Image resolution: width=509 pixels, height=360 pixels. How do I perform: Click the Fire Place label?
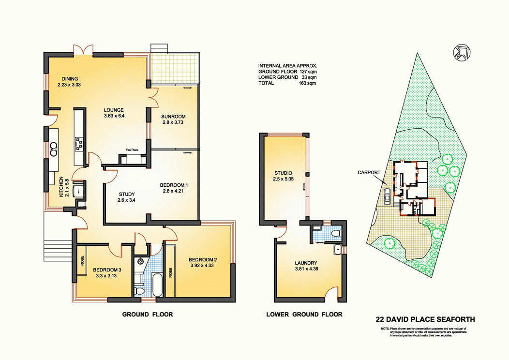[x=132, y=150]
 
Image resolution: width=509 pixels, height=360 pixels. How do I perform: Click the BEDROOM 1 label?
[x=174, y=185]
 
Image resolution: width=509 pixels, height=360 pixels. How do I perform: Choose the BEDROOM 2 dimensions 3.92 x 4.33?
[x=203, y=266]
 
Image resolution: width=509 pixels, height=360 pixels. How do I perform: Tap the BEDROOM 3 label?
[x=107, y=270]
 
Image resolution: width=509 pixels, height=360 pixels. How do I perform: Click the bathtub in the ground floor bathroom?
[x=157, y=285]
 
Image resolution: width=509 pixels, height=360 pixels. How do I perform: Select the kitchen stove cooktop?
[x=78, y=142]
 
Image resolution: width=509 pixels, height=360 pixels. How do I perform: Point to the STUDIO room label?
[x=283, y=173]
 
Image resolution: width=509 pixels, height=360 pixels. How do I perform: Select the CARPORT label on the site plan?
[x=368, y=172]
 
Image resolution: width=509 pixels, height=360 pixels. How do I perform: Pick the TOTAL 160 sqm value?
[x=308, y=83]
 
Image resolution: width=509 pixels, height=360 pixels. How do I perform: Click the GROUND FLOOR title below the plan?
[x=147, y=315]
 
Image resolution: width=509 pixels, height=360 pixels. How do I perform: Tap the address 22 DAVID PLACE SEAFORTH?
[x=425, y=319]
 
